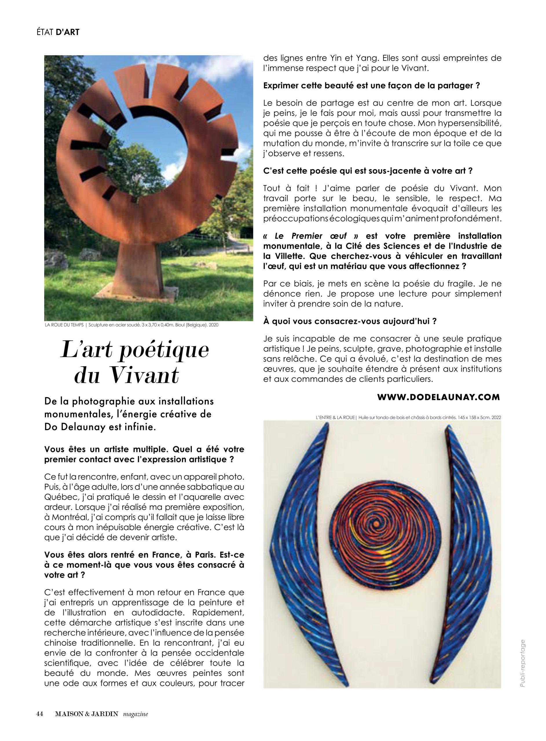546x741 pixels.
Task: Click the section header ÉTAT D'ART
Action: (58, 32)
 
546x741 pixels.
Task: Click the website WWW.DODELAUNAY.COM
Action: (439, 397)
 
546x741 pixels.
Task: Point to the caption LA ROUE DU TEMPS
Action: (65, 325)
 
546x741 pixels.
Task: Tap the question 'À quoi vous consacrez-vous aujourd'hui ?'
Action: (350, 321)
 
